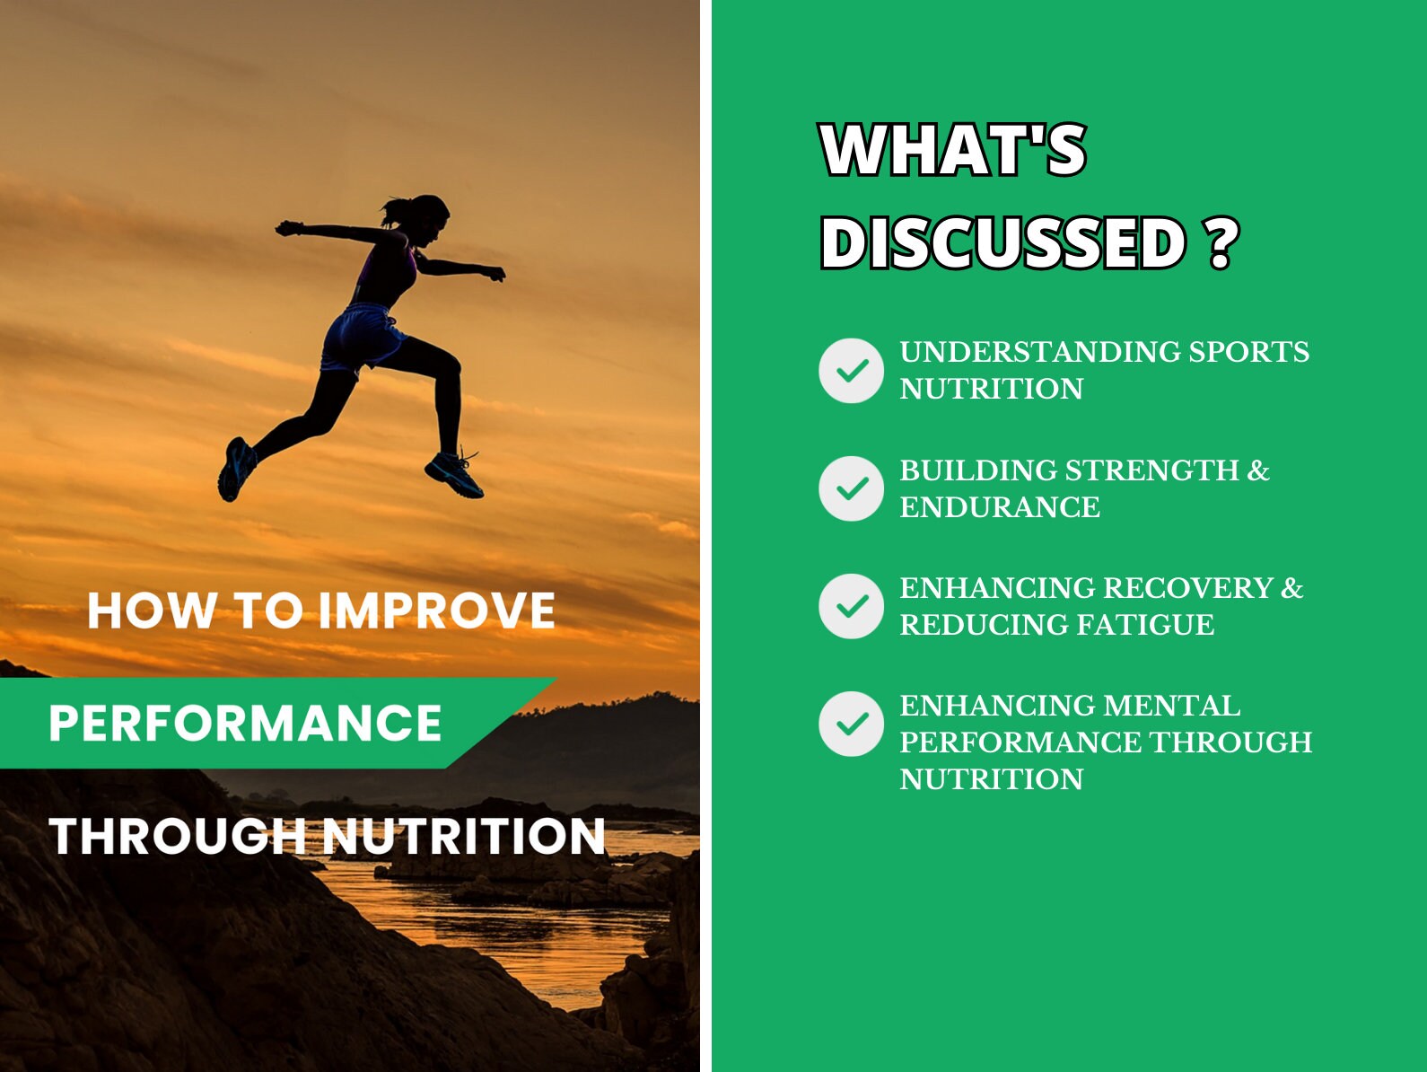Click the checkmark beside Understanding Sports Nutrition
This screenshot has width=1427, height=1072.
pos(851,371)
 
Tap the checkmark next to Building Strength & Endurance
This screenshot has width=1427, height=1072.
pos(851,488)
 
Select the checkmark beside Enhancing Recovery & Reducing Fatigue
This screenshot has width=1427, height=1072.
pos(851,606)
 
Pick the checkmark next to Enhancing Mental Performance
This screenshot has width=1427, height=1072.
pos(851,724)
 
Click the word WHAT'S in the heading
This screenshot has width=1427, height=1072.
pos(954,150)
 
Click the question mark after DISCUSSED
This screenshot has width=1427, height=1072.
pos(1223,243)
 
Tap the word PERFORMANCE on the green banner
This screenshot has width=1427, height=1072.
pos(245,723)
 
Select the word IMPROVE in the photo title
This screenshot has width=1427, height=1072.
pos(436,611)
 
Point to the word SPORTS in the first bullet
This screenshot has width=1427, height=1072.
pos(1249,352)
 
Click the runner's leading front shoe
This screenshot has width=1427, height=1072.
pos(454,475)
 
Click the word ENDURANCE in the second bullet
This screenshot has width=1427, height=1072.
pos(1000,507)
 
